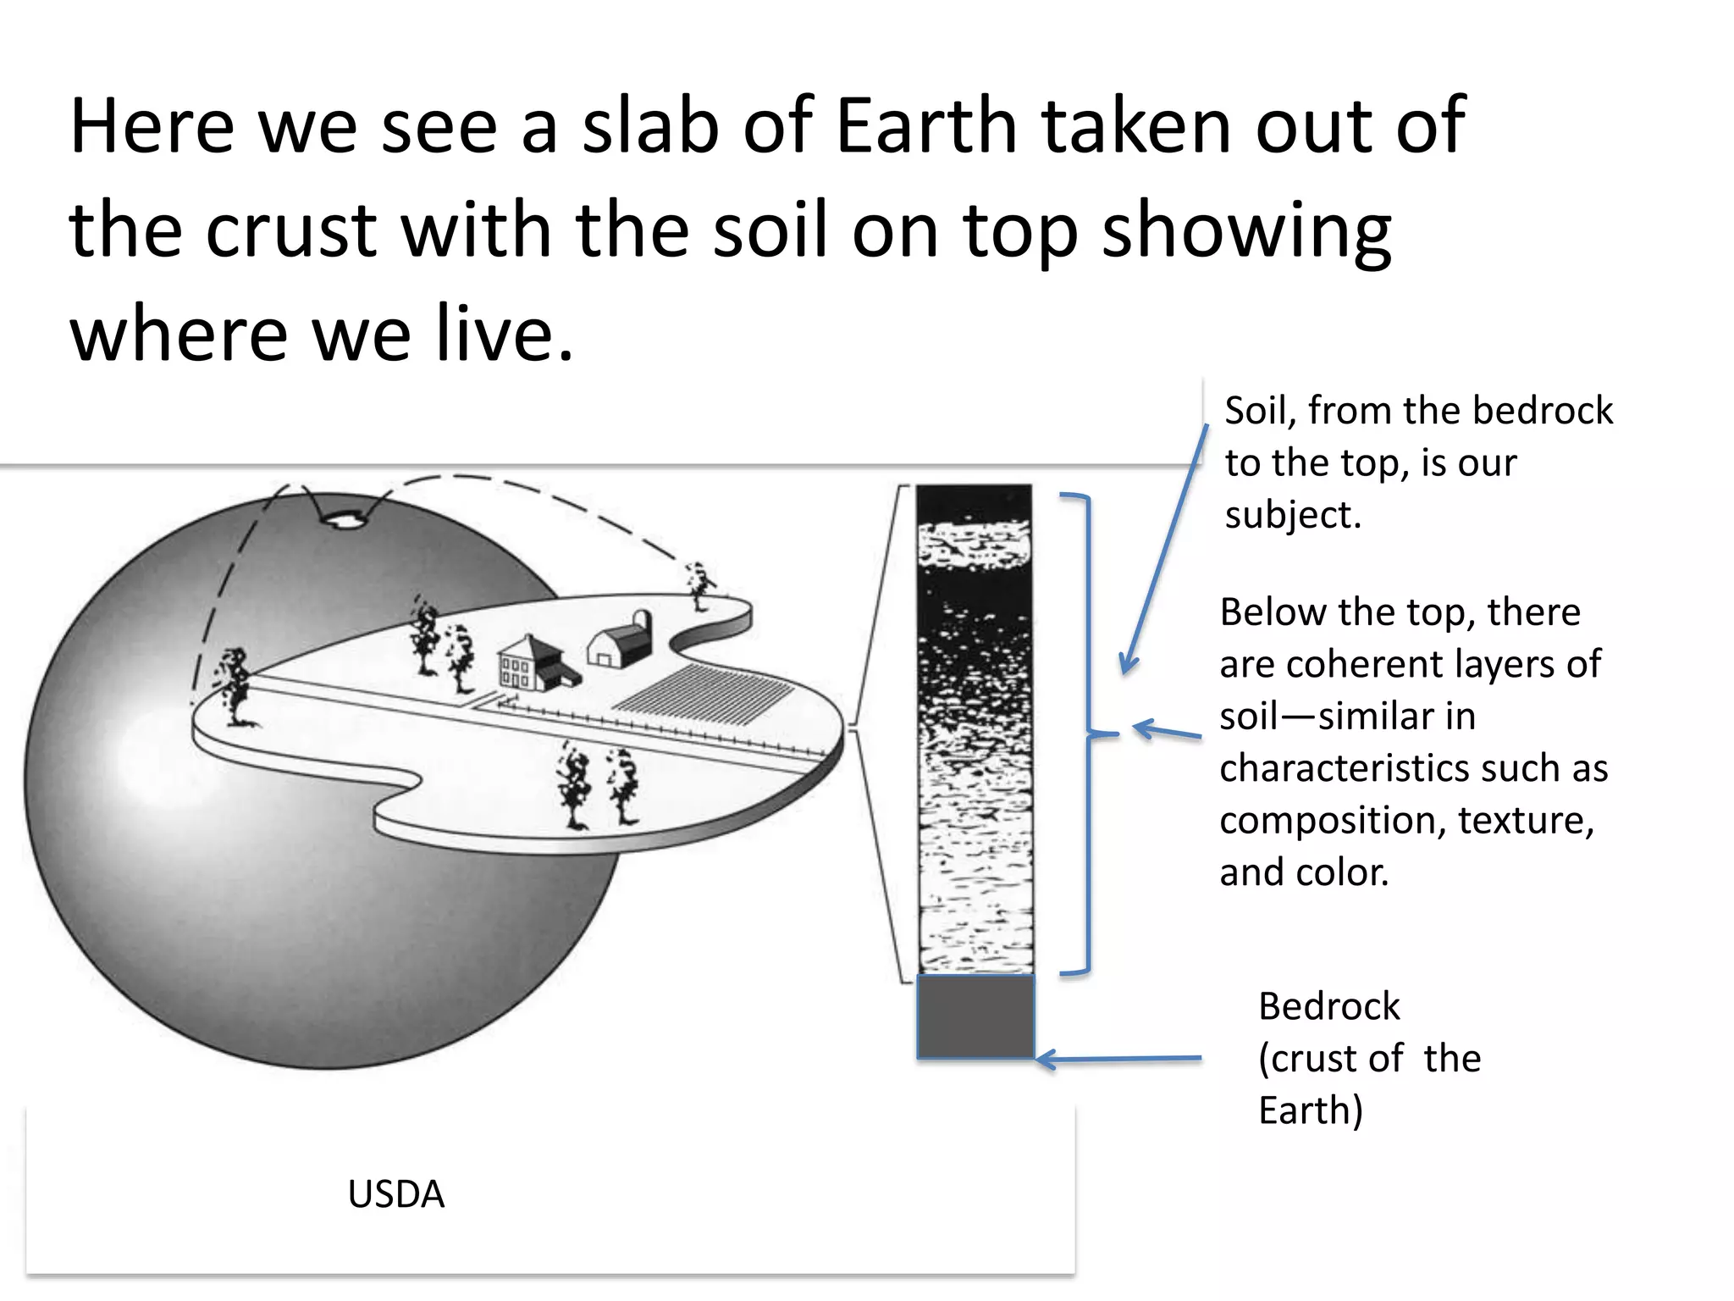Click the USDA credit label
tap(395, 1194)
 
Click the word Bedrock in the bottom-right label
tap(1328, 1006)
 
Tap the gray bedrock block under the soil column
tap(975, 1016)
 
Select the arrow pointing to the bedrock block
tap(1118, 1059)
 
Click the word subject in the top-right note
tap(1292, 515)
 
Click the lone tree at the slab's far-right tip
tap(699, 584)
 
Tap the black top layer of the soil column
tap(974, 504)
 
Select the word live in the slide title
tap(491, 334)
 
